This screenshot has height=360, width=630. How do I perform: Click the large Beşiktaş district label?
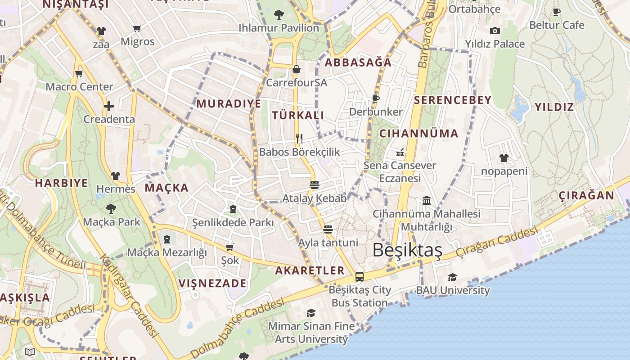(x=407, y=250)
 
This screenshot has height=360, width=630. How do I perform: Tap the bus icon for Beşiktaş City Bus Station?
(x=360, y=276)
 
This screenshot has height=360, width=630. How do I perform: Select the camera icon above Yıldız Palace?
(x=495, y=31)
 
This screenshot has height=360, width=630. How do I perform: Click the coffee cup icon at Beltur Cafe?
(x=557, y=12)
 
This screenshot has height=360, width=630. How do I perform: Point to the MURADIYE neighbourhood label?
(x=229, y=104)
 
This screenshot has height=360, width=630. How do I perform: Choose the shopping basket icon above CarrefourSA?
(x=297, y=69)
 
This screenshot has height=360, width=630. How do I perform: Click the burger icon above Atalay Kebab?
(x=315, y=184)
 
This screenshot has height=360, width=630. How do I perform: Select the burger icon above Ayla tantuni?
(x=328, y=229)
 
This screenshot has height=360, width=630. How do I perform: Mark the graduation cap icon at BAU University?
(x=452, y=277)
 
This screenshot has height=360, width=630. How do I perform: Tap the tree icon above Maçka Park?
(x=111, y=208)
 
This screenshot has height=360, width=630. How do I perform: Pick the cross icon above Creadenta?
(x=109, y=106)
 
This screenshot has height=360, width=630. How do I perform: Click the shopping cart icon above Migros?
(x=137, y=28)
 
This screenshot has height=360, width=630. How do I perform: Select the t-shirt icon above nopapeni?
(x=504, y=158)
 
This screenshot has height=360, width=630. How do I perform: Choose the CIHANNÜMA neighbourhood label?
(x=418, y=134)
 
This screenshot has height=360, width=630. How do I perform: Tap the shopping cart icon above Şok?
(x=230, y=247)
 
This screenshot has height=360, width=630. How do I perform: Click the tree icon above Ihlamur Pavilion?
(x=279, y=14)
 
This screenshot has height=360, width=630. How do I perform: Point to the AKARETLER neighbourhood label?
(x=310, y=270)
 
